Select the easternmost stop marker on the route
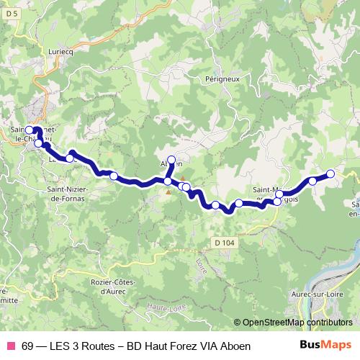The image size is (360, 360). tap(330, 174)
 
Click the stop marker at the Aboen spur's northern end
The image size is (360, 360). tap(171, 160)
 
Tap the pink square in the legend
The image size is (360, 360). tap(11, 346)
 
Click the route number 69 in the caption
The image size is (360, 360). tap(28, 346)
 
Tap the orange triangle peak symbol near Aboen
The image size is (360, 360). tap(182, 179)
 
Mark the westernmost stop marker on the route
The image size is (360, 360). tap(30, 131)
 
